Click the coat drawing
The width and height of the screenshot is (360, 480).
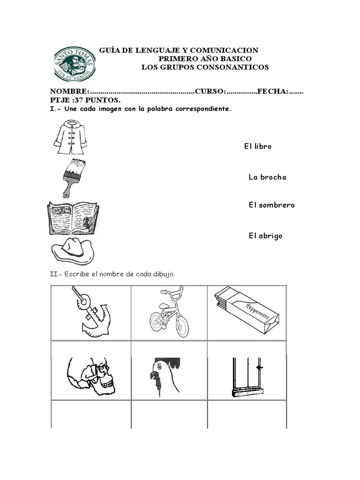70,137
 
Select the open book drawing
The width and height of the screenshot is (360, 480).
73,218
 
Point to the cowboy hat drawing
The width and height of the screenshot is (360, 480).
73,250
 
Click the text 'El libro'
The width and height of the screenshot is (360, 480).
257,147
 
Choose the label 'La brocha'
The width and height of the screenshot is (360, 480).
267,177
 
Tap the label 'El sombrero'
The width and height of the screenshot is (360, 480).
271,205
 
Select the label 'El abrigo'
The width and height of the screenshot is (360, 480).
265,236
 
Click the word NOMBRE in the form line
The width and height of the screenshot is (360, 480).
68,91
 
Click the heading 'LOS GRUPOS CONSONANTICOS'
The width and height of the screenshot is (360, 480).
205,67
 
